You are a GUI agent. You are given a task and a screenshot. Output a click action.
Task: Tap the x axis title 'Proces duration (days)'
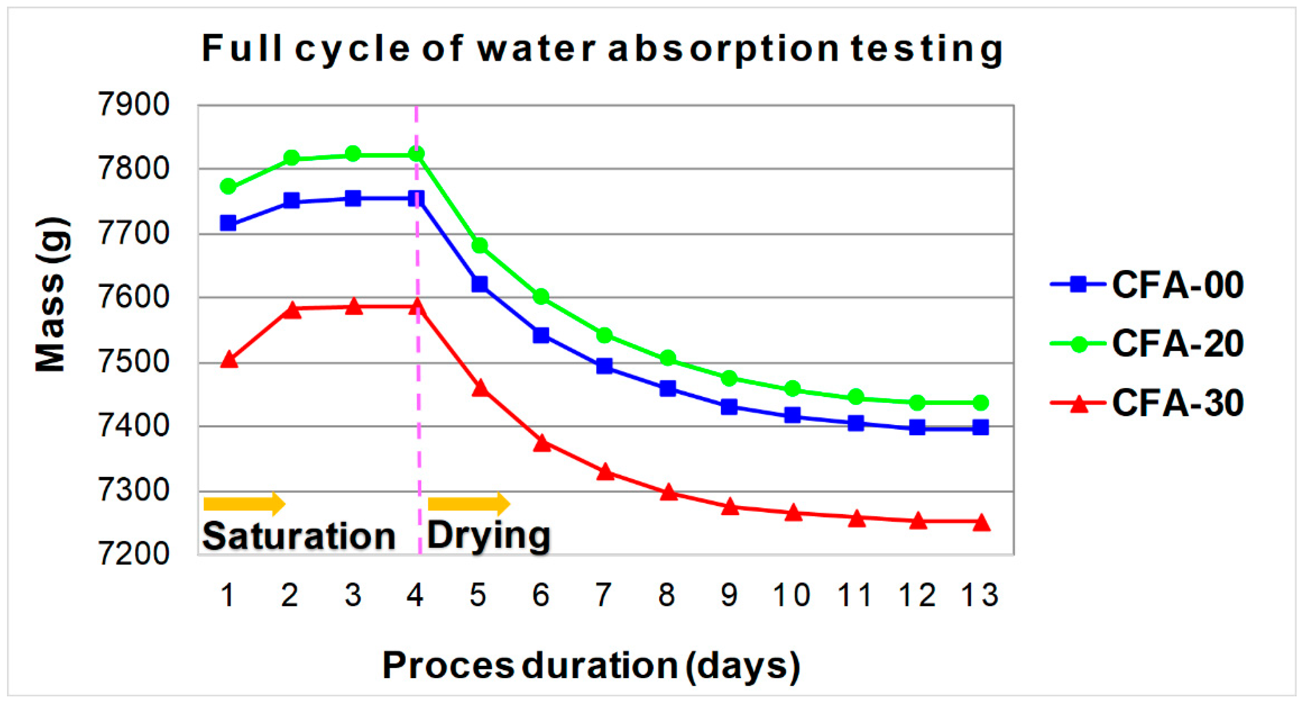click(x=591, y=665)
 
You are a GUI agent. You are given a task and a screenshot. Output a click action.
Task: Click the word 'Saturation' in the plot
click(x=299, y=536)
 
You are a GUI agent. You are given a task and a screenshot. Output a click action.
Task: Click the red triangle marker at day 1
click(x=229, y=360)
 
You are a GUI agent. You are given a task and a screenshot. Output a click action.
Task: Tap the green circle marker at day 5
click(x=479, y=246)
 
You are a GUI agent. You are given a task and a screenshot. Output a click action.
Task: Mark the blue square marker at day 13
click(x=981, y=428)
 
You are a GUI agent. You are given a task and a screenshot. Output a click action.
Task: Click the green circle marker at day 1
click(x=228, y=187)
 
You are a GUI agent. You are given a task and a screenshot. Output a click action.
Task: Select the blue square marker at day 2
click(x=291, y=201)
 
